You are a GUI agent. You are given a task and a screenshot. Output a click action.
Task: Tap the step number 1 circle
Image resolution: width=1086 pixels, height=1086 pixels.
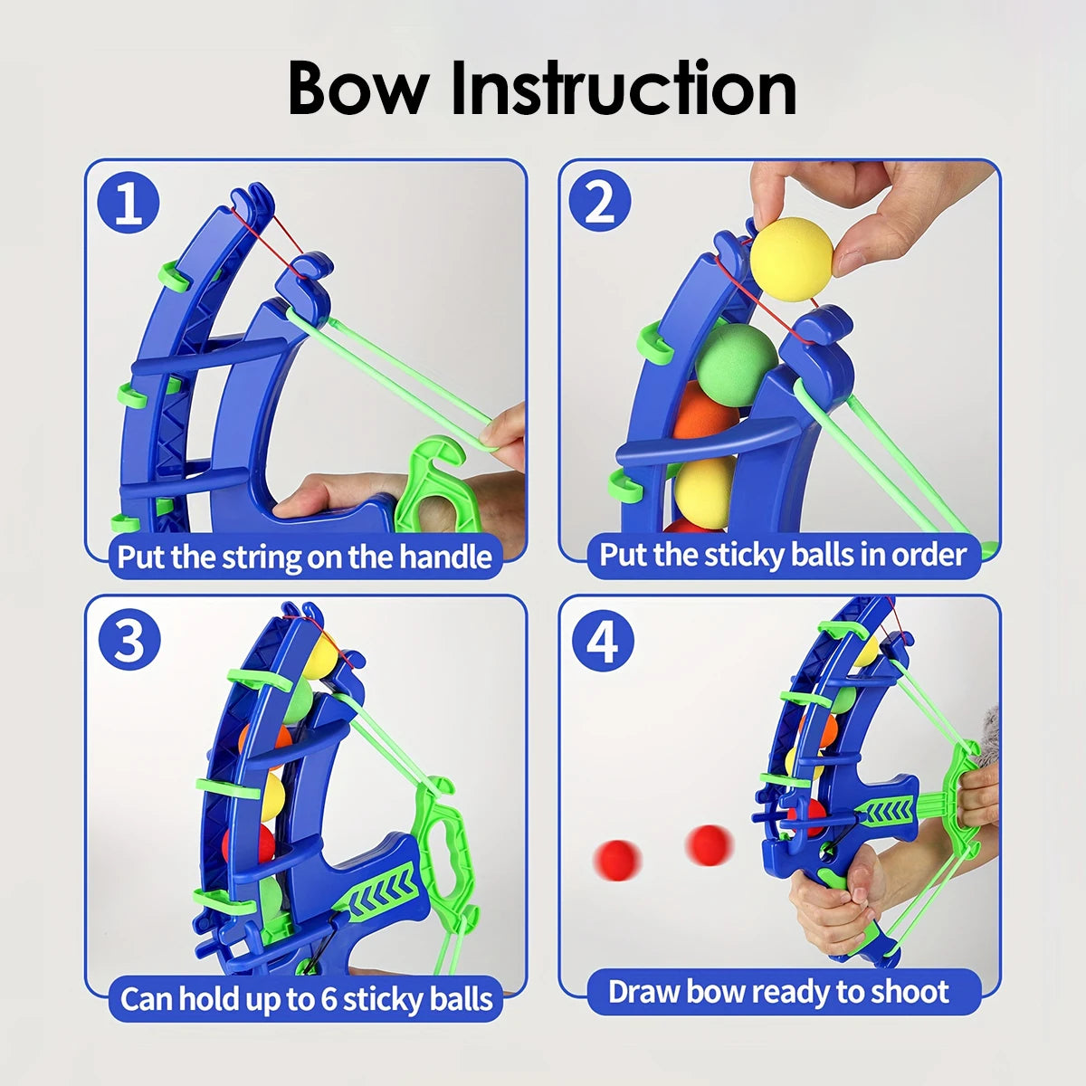tap(129, 203)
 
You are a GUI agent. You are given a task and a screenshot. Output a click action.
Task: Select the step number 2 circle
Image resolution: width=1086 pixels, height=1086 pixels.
tap(600, 201)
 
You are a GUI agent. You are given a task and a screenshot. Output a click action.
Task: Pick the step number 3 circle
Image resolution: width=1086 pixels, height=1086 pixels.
tap(129, 639)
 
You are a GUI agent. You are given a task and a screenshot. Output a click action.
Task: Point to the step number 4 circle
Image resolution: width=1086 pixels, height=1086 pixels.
tap(603, 641)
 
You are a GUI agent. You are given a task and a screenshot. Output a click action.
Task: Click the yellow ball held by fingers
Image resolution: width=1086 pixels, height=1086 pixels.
tap(791, 259)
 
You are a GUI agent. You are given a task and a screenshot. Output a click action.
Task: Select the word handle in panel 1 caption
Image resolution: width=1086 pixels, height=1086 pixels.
tap(445, 557)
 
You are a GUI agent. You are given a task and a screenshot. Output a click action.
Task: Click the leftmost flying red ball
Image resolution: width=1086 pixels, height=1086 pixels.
tap(618, 861)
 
